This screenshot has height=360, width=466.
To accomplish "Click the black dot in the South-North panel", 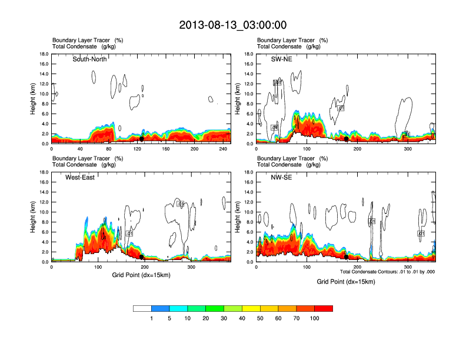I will (x=142, y=139).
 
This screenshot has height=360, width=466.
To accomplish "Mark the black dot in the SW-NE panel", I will (x=347, y=139).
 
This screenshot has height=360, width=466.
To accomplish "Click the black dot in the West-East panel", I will (x=142, y=257).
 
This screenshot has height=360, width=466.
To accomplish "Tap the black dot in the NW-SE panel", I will (x=347, y=257).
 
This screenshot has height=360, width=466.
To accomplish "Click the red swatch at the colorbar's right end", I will (x=324, y=308).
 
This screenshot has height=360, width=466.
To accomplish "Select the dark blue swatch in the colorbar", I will (x=161, y=308).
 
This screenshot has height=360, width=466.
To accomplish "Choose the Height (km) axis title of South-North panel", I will (x=34, y=99).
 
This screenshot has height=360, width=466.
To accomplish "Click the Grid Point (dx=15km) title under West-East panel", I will (x=140, y=275).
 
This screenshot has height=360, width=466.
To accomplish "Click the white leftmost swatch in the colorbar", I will (x=142, y=308).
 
